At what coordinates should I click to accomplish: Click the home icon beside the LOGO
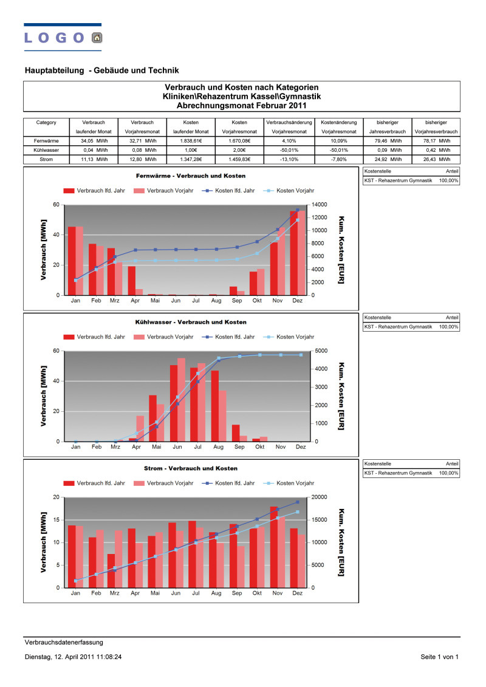pyautogui.click(x=97, y=38)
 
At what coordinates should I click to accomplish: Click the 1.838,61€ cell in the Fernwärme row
pyautogui.click(x=191, y=141)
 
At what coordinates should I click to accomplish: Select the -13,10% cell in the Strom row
pyautogui.click(x=289, y=160)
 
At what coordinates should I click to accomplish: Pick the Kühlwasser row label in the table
pyautogui.click(x=46, y=150)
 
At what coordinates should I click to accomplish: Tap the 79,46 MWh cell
pyautogui.click(x=388, y=141)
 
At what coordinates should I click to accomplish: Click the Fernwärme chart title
pyautogui.click(x=191, y=176)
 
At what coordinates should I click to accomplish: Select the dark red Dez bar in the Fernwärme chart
pyautogui.click(x=293, y=253)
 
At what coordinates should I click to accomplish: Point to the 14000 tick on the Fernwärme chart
pyautogui.click(x=319, y=205)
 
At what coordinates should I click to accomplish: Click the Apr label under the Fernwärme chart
pyautogui.click(x=135, y=301)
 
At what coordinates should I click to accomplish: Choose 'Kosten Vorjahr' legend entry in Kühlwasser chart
pyautogui.click(x=289, y=337)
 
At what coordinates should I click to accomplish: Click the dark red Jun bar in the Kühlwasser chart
pyautogui.click(x=174, y=403)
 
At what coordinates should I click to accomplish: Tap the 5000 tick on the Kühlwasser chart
pyautogui.click(x=321, y=351)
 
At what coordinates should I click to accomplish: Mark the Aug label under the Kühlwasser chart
pyautogui.click(x=218, y=447)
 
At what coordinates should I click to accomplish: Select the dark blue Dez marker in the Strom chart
pyautogui.click(x=298, y=502)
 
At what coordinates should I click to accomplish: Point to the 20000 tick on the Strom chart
pyautogui.click(x=319, y=497)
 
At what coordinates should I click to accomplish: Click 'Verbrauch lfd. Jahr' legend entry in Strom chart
pyautogui.click(x=94, y=484)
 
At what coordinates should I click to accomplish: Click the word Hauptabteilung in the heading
pyautogui.click(x=54, y=70)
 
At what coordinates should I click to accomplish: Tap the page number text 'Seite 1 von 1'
pyautogui.click(x=440, y=657)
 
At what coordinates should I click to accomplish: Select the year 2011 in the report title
pyautogui.click(x=298, y=106)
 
